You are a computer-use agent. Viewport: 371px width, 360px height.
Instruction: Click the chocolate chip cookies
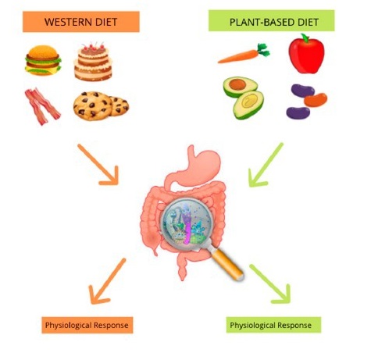pyautogui.click(x=100, y=105)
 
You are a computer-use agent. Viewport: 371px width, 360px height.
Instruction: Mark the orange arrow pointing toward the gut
pyautogui.click(x=99, y=163)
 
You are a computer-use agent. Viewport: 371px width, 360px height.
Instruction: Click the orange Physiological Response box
pyautogui.click(x=87, y=323)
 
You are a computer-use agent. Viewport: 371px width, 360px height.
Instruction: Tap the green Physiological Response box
pyautogui.click(x=270, y=324)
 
